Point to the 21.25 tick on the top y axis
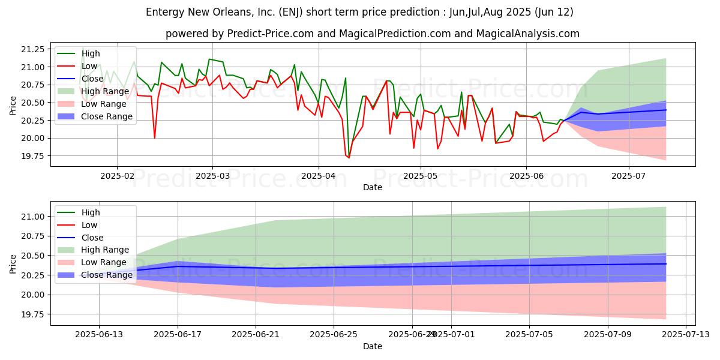[x=32, y=49]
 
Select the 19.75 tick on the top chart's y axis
[x=32, y=156]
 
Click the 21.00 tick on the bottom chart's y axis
[x=32, y=217]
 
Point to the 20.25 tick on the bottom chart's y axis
[x=32, y=275]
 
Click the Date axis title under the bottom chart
[x=372, y=347]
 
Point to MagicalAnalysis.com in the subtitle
[x=528, y=34]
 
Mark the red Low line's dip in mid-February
[x=155, y=138]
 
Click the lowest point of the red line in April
[x=349, y=157]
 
